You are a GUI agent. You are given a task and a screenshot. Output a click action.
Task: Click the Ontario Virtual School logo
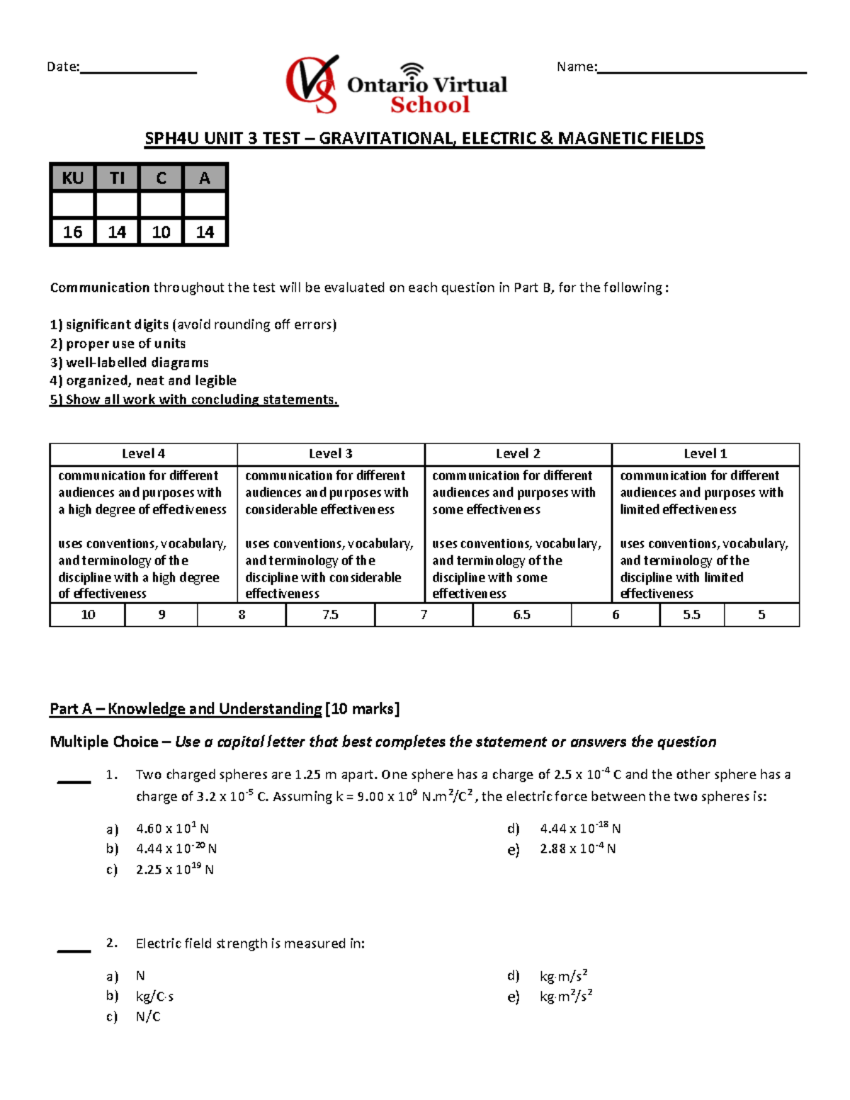[x=396, y=85]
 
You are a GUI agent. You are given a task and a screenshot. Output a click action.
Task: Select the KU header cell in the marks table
[x=72, y=178]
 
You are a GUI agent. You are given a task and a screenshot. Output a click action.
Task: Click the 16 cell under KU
[x=72, y=232]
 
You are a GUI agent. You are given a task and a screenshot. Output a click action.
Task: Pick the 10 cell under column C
[x=161, y=232]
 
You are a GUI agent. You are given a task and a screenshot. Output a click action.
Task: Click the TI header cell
[x=117, y=178]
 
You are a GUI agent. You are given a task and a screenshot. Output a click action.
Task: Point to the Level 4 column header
[x=143, y=454]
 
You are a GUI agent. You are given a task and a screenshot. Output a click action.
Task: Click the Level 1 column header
[x=705, y=454]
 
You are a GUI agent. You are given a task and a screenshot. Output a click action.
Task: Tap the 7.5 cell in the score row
[x=330, y=615]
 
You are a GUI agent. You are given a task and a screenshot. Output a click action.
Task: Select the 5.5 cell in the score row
[x=691, y=615]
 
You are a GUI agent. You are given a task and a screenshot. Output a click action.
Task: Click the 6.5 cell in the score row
[x=521, y=615]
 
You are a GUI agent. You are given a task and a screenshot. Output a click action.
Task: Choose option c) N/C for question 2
[x=148, y=1017]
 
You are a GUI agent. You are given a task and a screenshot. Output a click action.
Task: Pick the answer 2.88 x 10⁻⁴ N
[x=577, y=849]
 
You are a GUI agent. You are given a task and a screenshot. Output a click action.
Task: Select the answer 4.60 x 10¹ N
[x=172, y=829]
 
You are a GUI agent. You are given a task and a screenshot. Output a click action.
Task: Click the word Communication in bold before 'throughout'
[x=100, y=288]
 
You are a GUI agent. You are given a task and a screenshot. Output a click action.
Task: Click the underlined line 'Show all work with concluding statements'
[x=194, y=399]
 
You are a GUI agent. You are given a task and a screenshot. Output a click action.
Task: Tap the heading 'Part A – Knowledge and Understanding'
[x=186, y=709]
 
